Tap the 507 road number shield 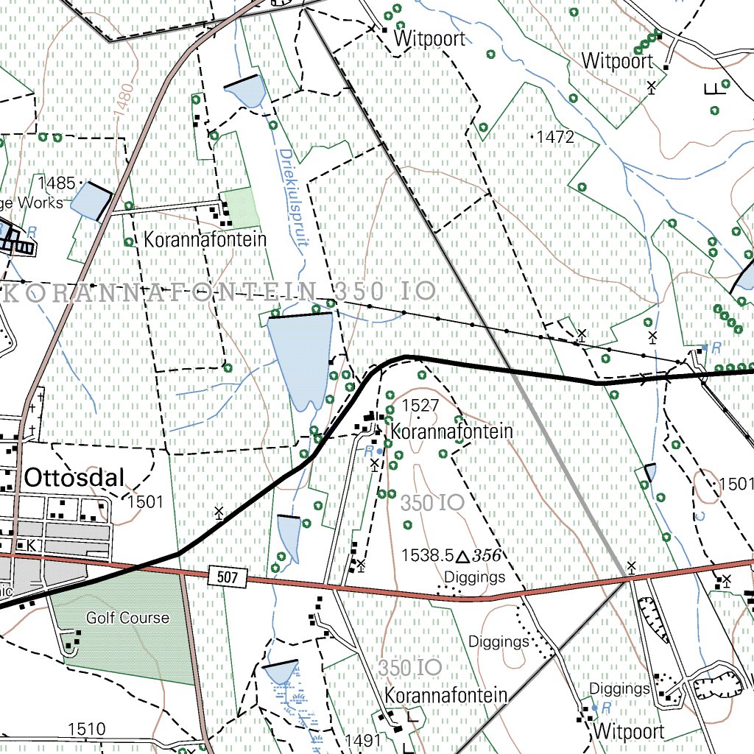point(228,577)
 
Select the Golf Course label point(127,618)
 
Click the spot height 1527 point(420,405)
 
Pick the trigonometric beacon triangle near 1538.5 point(463,556)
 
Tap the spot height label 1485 point(57,183)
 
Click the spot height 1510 point(86,729)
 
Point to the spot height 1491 point(363,740)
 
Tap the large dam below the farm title point(299,357)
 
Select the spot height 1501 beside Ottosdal point(144,502)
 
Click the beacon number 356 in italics point(492,555)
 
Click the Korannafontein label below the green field point(205,240)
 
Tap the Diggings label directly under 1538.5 point(476,577)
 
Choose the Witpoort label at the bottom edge point(628,732)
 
